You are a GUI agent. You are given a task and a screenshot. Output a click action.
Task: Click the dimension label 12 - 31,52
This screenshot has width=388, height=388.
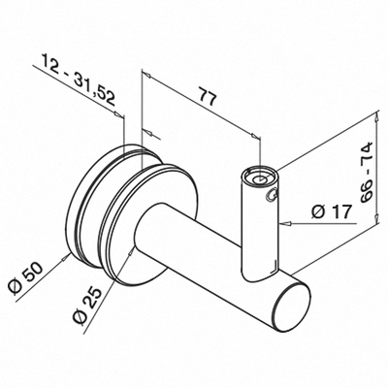click(79, 80)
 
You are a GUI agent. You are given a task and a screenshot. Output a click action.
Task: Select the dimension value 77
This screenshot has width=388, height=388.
click(207, 96)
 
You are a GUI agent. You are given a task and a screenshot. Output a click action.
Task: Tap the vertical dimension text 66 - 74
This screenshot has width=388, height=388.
click(367, 173)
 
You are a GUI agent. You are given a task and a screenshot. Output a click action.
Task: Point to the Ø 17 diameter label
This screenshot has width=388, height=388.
click(331, 212)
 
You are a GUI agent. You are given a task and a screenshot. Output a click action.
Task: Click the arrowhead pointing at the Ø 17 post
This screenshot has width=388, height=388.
click(286, 223)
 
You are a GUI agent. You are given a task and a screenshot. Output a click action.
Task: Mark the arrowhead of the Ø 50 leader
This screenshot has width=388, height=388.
click(66, 258)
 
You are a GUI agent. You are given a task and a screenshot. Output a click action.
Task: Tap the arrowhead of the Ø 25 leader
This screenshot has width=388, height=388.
click(130, 253)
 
